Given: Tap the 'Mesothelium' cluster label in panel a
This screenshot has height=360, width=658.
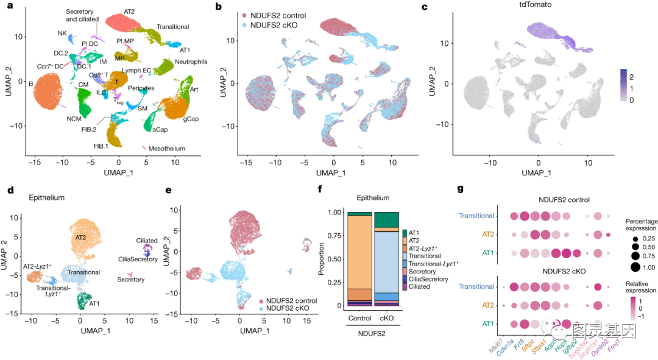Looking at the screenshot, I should click(168, 148).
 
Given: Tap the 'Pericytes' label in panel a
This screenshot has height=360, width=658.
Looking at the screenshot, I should click(141, 88).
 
